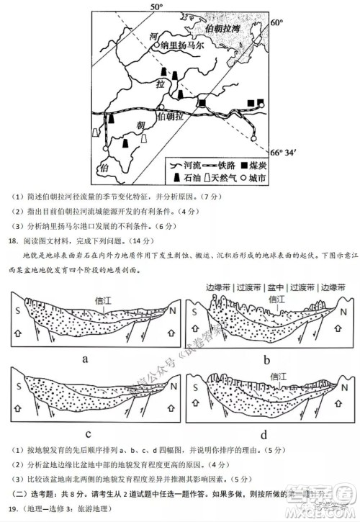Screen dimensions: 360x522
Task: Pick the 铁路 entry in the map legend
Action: (225, 165)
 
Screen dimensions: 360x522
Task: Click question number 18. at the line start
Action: (10, 241)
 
